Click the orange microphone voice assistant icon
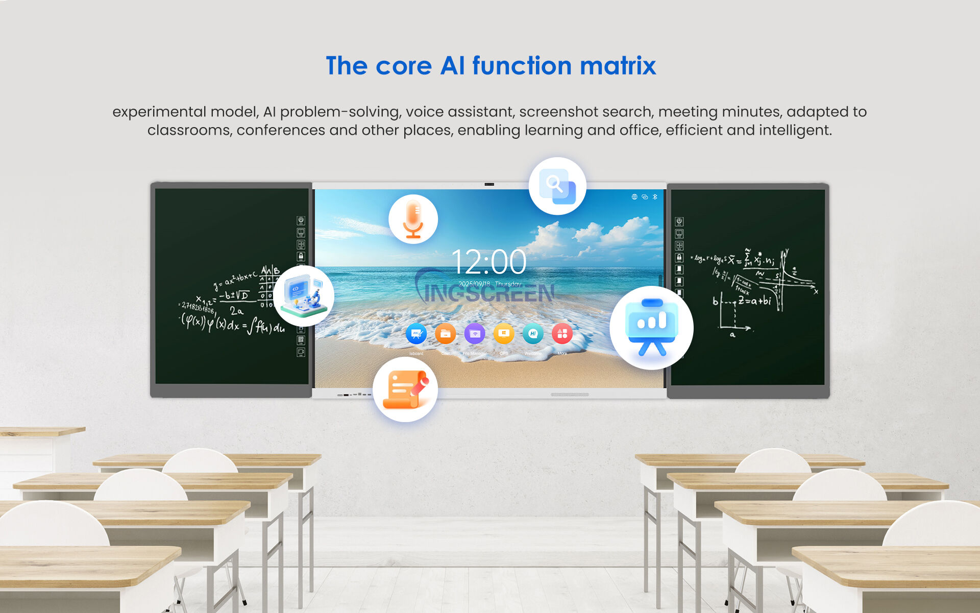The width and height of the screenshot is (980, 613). click(x=413, y=219)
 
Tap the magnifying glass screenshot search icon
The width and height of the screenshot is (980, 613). click(x=557, y=186)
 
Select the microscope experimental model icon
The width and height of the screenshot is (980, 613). click(x=304, y=296)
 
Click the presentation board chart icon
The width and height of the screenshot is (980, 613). click(x=651, y=327)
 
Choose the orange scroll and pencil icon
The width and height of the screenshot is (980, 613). click(x=405, y=389)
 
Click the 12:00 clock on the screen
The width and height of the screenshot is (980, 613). click(x=488, y=262)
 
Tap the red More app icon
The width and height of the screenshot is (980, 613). click(x=562, y=334)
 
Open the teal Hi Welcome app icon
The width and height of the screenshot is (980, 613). click(x=533, y=334)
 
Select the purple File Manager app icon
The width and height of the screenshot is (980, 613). click(x=475, y=334)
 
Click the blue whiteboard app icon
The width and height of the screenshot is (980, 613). click(x=416, y=334)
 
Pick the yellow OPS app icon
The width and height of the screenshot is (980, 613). click(x=504, y=334)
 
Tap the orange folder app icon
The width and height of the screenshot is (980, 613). click(x=445, y=334)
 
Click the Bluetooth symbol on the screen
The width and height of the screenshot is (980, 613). click(x=655, y=197)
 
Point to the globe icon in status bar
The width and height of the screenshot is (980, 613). click(x=634, y=197)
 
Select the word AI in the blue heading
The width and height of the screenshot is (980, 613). click(x=452, y=66)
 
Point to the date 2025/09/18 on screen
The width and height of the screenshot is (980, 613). click(x=474, y=284)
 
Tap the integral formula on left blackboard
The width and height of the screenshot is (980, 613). click(x=233, y=325)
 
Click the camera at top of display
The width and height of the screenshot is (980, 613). click(x=489, y=184)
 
